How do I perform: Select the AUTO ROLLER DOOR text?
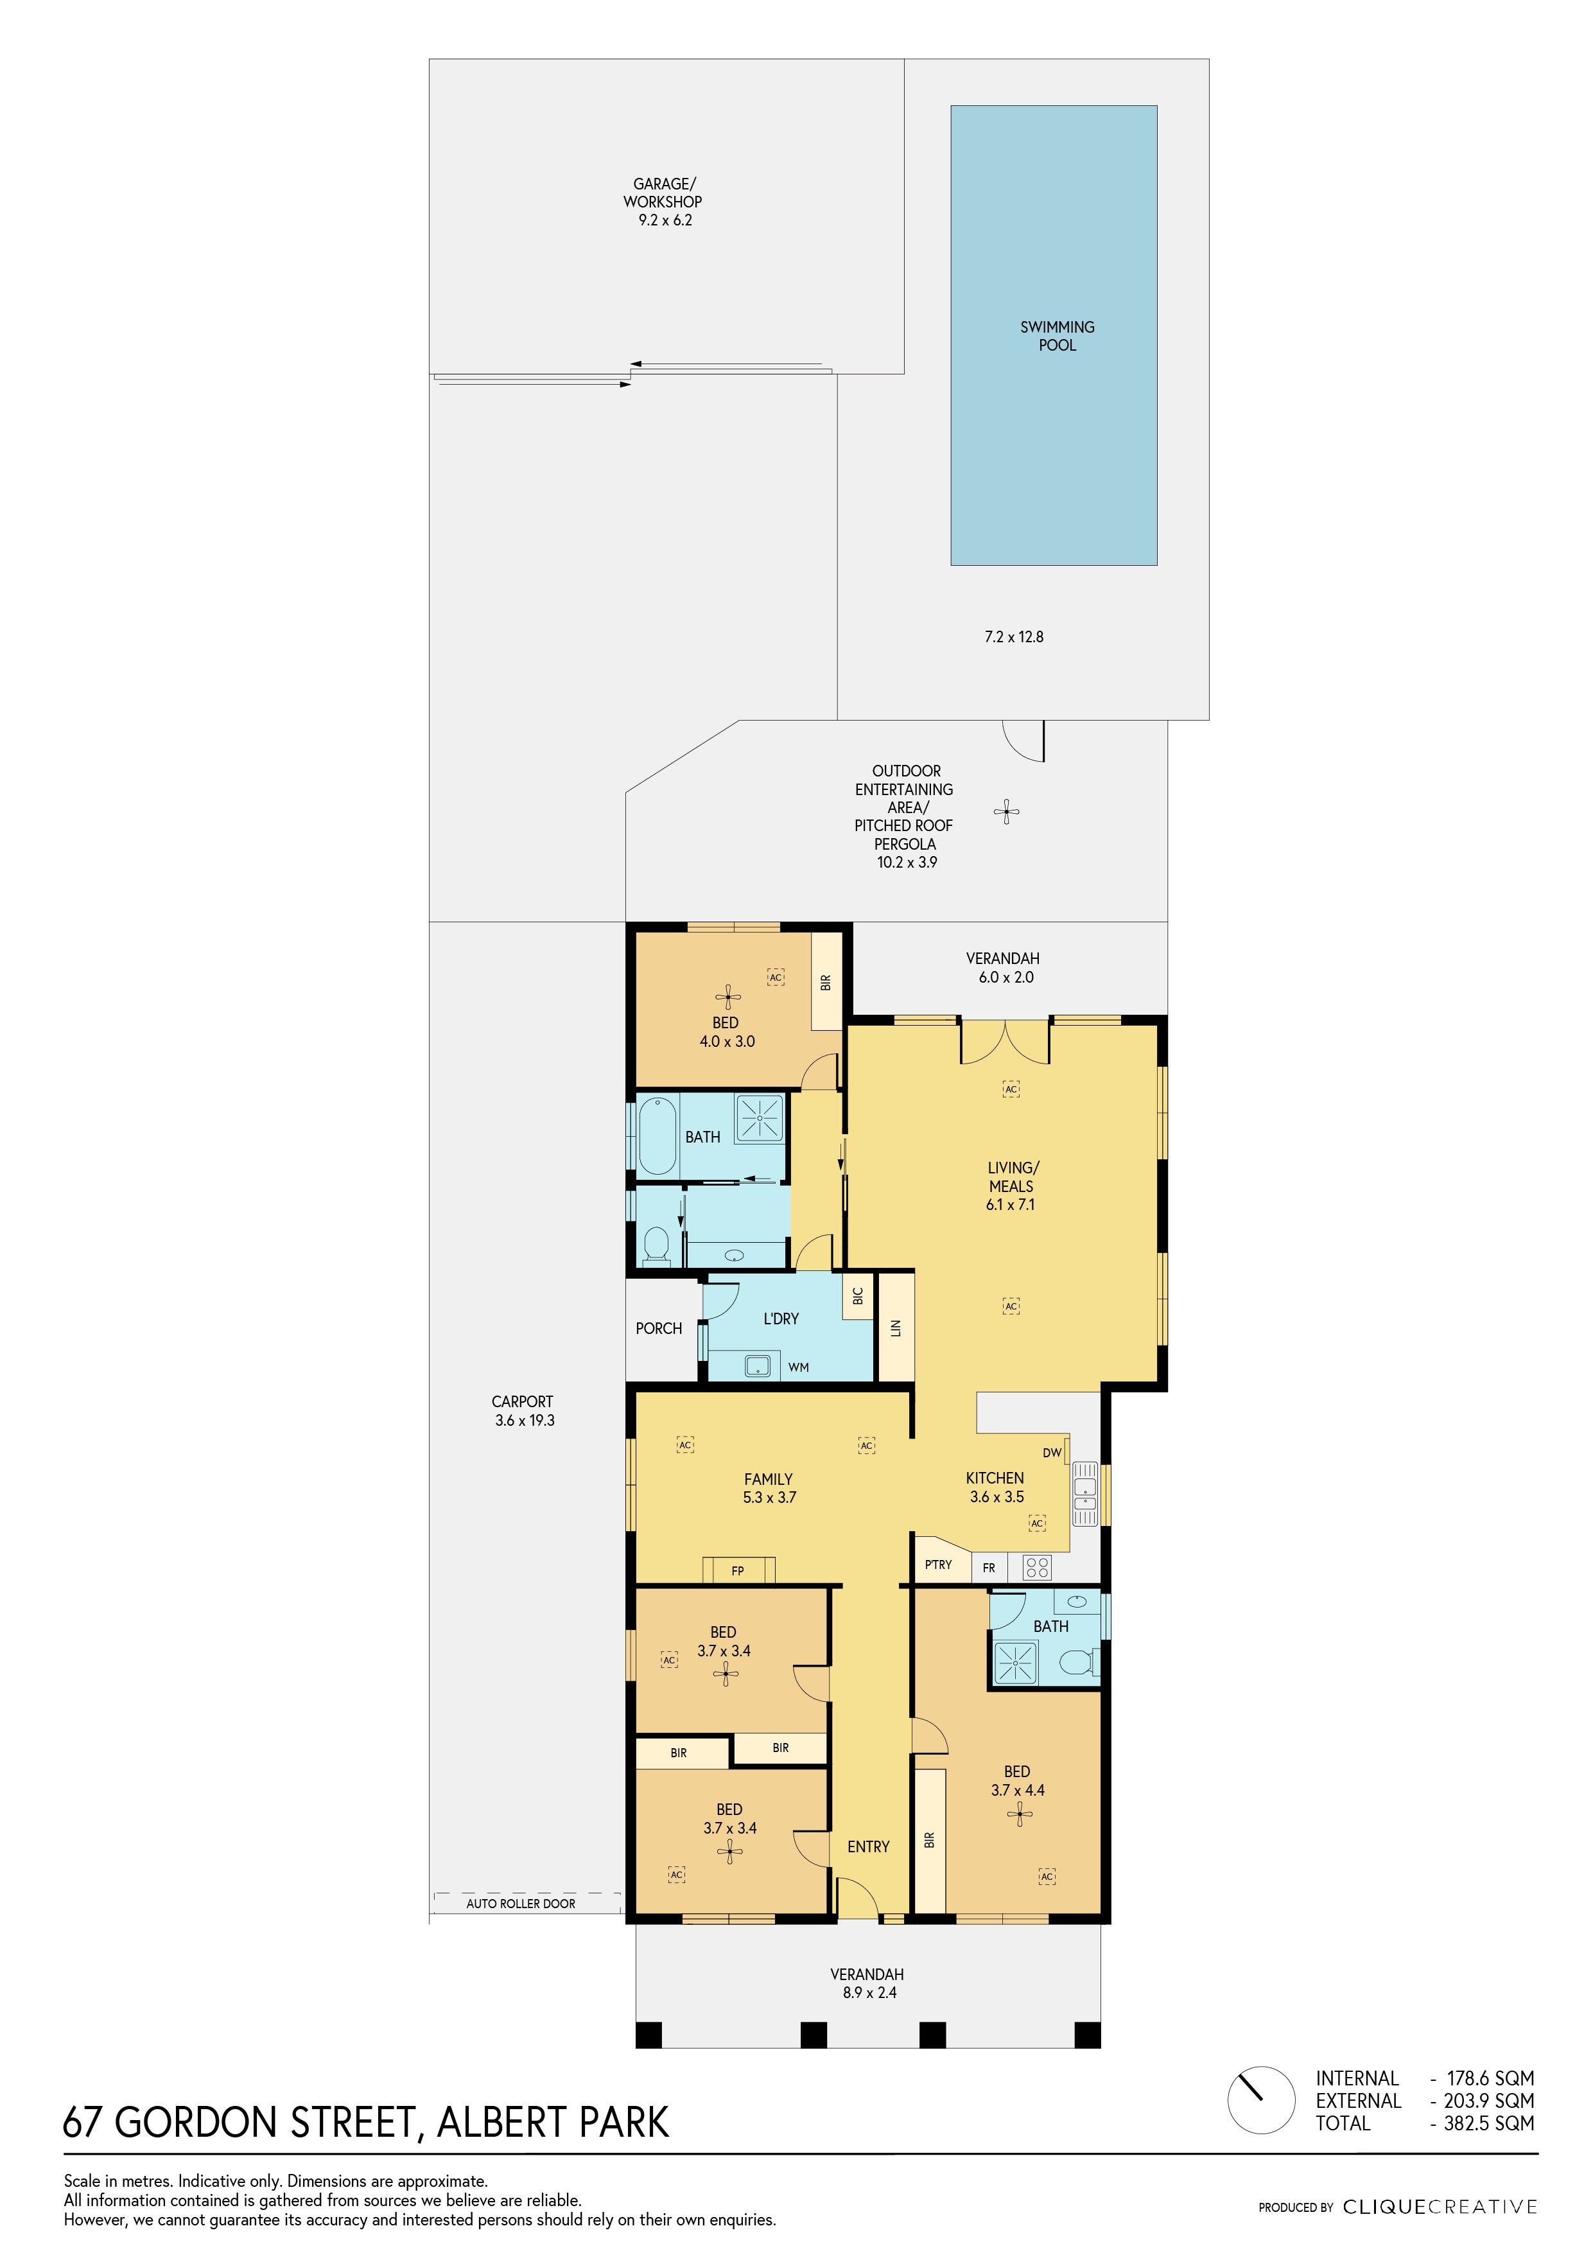[521, 1904]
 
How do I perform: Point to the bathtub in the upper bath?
[657, 1136]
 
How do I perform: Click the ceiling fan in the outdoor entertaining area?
[1006, 812]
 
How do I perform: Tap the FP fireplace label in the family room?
[738, 1571]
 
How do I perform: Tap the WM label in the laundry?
[799, 1367]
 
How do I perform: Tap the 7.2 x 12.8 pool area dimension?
[1014, 637]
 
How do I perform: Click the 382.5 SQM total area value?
[1488, 2123]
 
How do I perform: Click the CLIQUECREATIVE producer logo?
[1440, 2207]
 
